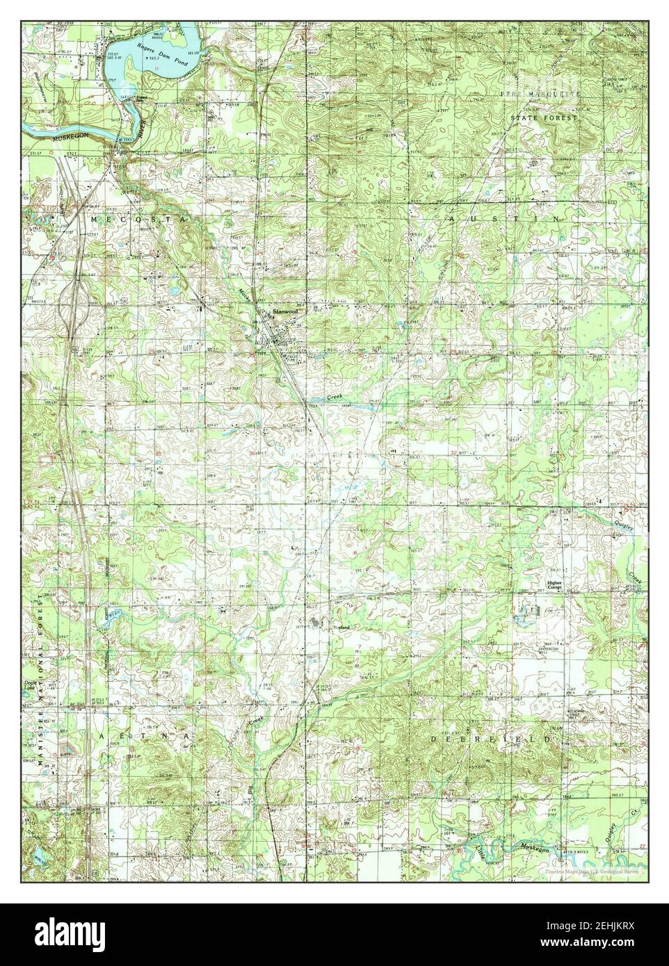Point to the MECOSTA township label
(138, 219)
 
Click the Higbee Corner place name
(554, 585)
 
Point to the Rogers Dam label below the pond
(142, 99)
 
